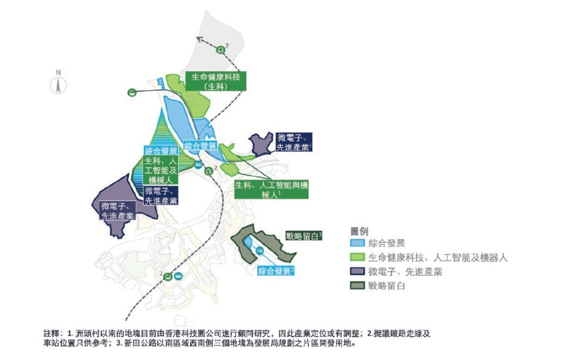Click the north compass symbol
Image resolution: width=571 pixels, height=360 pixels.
[59, 84]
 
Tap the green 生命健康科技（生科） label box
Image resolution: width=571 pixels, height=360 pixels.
[215, 82]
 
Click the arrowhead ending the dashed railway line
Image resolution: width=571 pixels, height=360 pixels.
[199, 38]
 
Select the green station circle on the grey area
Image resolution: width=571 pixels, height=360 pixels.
[221, 50]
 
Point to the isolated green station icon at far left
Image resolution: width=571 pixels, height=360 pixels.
[132, 93]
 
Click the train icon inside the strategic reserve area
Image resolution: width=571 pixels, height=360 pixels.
[260, 250]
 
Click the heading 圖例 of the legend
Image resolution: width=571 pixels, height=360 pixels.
[360, 231]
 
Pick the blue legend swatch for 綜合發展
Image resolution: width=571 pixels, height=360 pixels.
[357, 244]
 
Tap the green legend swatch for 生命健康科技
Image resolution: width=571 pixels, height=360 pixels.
[357, 258]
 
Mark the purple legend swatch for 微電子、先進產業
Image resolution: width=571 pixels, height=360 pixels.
[357, 273]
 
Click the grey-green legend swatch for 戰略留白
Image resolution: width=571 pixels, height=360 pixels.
[357, 286]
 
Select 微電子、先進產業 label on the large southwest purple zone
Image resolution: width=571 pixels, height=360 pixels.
[118, 211]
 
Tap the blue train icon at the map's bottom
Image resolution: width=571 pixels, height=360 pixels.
[178, 276]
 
